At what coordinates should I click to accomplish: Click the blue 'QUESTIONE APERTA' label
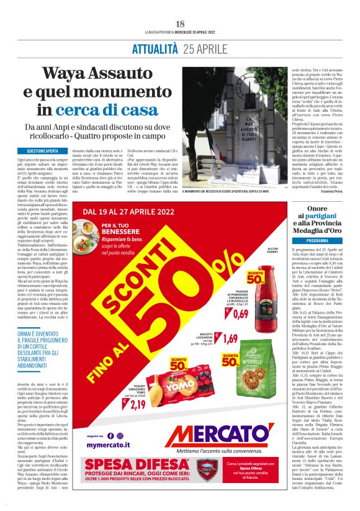pos(43,151)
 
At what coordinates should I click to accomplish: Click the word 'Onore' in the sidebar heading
pos(317,209)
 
